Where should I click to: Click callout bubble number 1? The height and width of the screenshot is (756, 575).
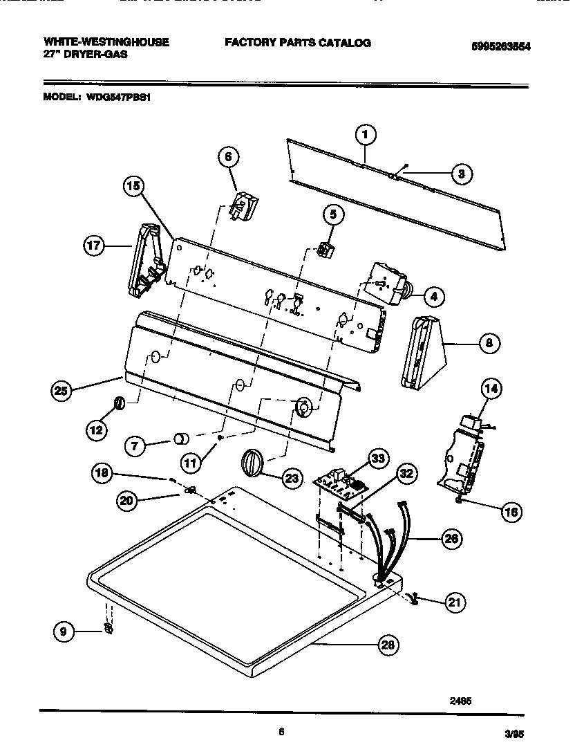(x=366, y=134)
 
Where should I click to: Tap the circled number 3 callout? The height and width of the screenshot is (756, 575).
(x=461, y=174)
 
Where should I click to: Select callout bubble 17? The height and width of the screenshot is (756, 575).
(x=94, y=246)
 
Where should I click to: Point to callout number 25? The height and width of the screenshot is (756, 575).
(x=63, y=391)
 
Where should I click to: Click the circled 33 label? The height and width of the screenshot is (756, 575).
(x=379, y=457)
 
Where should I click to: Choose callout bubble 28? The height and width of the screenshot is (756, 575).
(x=388, y=645)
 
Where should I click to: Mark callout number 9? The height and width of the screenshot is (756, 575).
(x=64, y=630)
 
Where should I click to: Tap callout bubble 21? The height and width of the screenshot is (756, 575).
(x=453, y=602)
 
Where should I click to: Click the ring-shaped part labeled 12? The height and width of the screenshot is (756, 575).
(x=119, y=403)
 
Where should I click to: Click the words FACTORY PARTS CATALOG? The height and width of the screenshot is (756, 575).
(x=297, y=43)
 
